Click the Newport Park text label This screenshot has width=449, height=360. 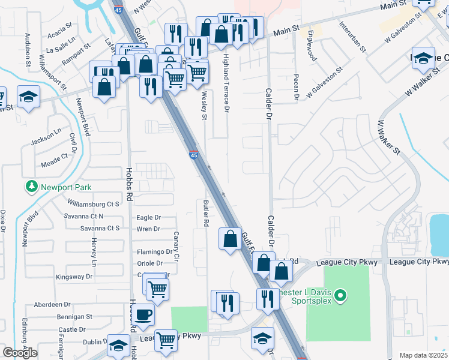coord(66,187)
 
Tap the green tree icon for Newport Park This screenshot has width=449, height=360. coord(31,187)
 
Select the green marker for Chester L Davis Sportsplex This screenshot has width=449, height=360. coord(340,295)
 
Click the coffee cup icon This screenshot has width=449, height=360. coord(143,314)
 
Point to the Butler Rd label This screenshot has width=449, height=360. coord(205,213)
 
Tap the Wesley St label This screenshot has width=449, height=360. coord(204,106)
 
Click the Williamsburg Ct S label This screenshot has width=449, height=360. coord(94,204)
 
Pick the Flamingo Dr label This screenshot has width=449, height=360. coord(154,252)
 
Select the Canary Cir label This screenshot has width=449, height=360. coord(176,247)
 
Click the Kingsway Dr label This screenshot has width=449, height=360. coord(74,277)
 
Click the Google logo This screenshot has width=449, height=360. coord(20,353)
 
